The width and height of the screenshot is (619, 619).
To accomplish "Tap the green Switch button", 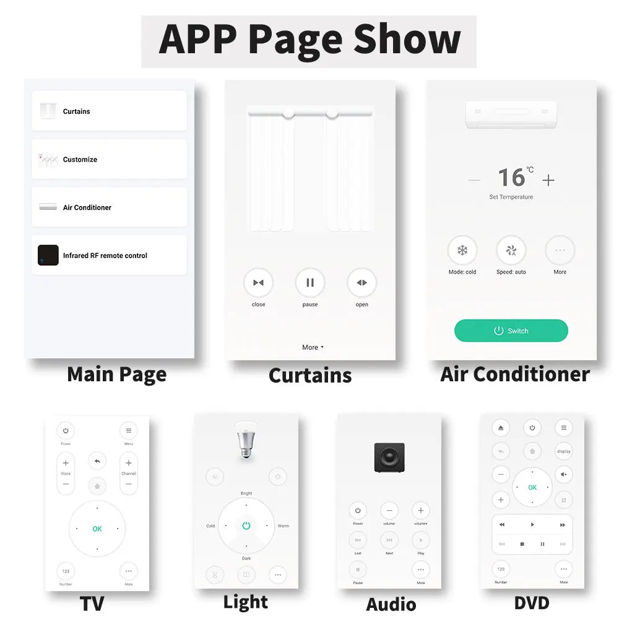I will tap(511, 331).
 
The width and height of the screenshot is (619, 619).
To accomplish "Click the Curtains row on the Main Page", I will tap(109, 111).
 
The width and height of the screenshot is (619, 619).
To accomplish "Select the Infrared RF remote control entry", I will tap(109, 255).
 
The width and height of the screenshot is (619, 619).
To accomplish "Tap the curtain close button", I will tap(258, 283).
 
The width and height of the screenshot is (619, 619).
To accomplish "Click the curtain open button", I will tap(361, 283).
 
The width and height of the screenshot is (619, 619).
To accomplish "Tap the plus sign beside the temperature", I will tap(548, 180).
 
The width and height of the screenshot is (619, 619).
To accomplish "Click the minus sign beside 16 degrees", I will tap(474, 180).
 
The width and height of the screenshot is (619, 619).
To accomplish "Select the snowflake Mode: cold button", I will tap(462, 251).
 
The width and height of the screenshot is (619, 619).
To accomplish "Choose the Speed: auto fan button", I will tap(511, 251).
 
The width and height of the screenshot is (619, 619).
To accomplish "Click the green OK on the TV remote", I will tap(97, 529).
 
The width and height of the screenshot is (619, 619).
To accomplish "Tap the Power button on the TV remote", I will tap(66, 431).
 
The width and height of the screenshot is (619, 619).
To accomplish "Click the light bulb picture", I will tap(246, 440).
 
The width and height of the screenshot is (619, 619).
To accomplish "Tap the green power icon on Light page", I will tap(246, 526).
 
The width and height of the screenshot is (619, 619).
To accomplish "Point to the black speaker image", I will tap(389, 457).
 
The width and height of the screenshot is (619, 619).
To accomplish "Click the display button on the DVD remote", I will tap(563, 451).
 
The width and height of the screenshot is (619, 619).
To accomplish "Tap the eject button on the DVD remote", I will tap(501, 428).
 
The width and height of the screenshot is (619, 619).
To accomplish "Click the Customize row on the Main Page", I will tap(109, 159).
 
